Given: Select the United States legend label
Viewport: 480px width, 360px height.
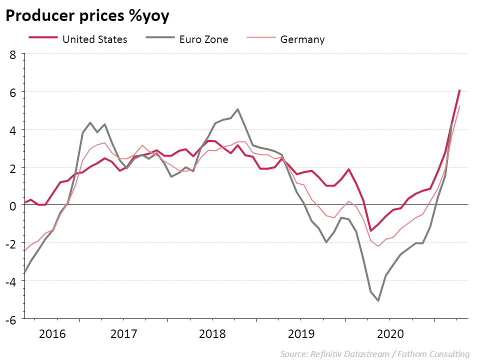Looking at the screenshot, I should pos(95,39).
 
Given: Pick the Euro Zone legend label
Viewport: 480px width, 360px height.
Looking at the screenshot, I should pos(203,39).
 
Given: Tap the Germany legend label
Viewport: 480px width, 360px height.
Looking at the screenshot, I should pos(302,39).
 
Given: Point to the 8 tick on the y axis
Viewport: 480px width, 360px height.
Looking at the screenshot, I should pos(13,54).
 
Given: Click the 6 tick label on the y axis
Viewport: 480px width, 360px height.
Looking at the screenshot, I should pos(13,92).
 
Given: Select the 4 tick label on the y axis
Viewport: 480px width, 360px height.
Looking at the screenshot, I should pos(13,129).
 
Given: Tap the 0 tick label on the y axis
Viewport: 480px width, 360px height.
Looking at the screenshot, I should pos(13,205).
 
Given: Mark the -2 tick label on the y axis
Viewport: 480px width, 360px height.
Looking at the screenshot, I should pos(10,243).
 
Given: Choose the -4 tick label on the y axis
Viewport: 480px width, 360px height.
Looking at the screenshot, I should pos(10,281).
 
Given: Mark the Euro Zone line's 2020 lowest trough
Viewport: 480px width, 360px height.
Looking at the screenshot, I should pos(378,300).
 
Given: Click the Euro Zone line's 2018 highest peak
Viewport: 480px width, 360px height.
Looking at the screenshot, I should pos(237,109).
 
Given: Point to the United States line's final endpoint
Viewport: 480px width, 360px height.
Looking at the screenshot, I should pos(459,90).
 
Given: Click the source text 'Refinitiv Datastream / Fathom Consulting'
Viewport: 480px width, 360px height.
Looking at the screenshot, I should pos(375,354).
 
